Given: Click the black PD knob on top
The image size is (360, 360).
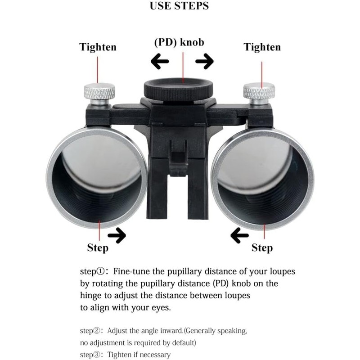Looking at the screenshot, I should [x=179, y=88].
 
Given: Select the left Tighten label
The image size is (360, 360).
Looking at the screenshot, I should [x=98, y=47].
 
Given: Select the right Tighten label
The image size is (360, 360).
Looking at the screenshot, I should [x=262, y=47].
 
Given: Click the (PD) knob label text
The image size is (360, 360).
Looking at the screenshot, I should [x=179, y=42].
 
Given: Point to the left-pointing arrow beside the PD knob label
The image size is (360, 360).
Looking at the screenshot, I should [x=159, y=61].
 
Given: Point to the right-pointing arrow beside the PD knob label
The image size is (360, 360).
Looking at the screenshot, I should [x=204, y=61].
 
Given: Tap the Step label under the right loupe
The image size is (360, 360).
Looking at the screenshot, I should [x=262, y=247].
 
